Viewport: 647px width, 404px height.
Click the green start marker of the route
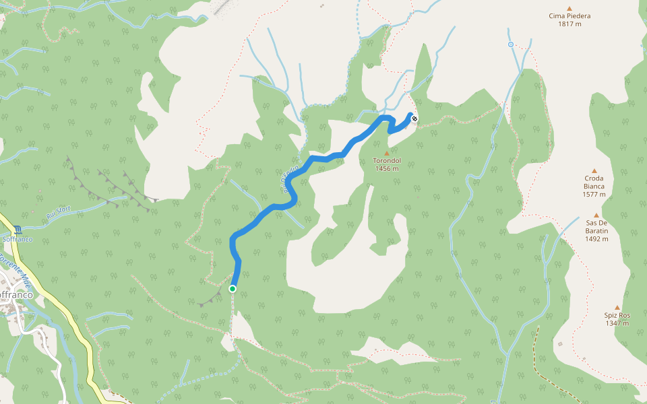click(x=233, y=289)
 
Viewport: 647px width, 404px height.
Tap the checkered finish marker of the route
click(x=414, y=119)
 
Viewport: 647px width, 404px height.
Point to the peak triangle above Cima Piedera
click(x=569, y=7)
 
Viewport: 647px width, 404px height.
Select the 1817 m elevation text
click(x=569, y=24)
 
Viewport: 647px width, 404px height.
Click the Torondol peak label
click(x=387, y=161)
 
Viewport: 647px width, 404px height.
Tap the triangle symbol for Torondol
click(x=387, y=153)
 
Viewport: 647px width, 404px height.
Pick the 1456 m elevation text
click(x=387, y=169)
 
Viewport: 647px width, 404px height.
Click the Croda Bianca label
click(x=594, y=182)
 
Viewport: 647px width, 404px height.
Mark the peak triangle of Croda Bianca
click(x=594, y=171)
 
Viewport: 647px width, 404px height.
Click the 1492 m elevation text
click(x=596, y=238)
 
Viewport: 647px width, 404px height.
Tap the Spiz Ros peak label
click(x=617, y=315)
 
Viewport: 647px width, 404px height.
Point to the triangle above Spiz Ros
click(x=617, y=307)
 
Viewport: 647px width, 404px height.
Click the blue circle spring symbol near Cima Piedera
click(x=511, y=44)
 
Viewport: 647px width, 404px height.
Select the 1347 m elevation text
click(x=617, y=323)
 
